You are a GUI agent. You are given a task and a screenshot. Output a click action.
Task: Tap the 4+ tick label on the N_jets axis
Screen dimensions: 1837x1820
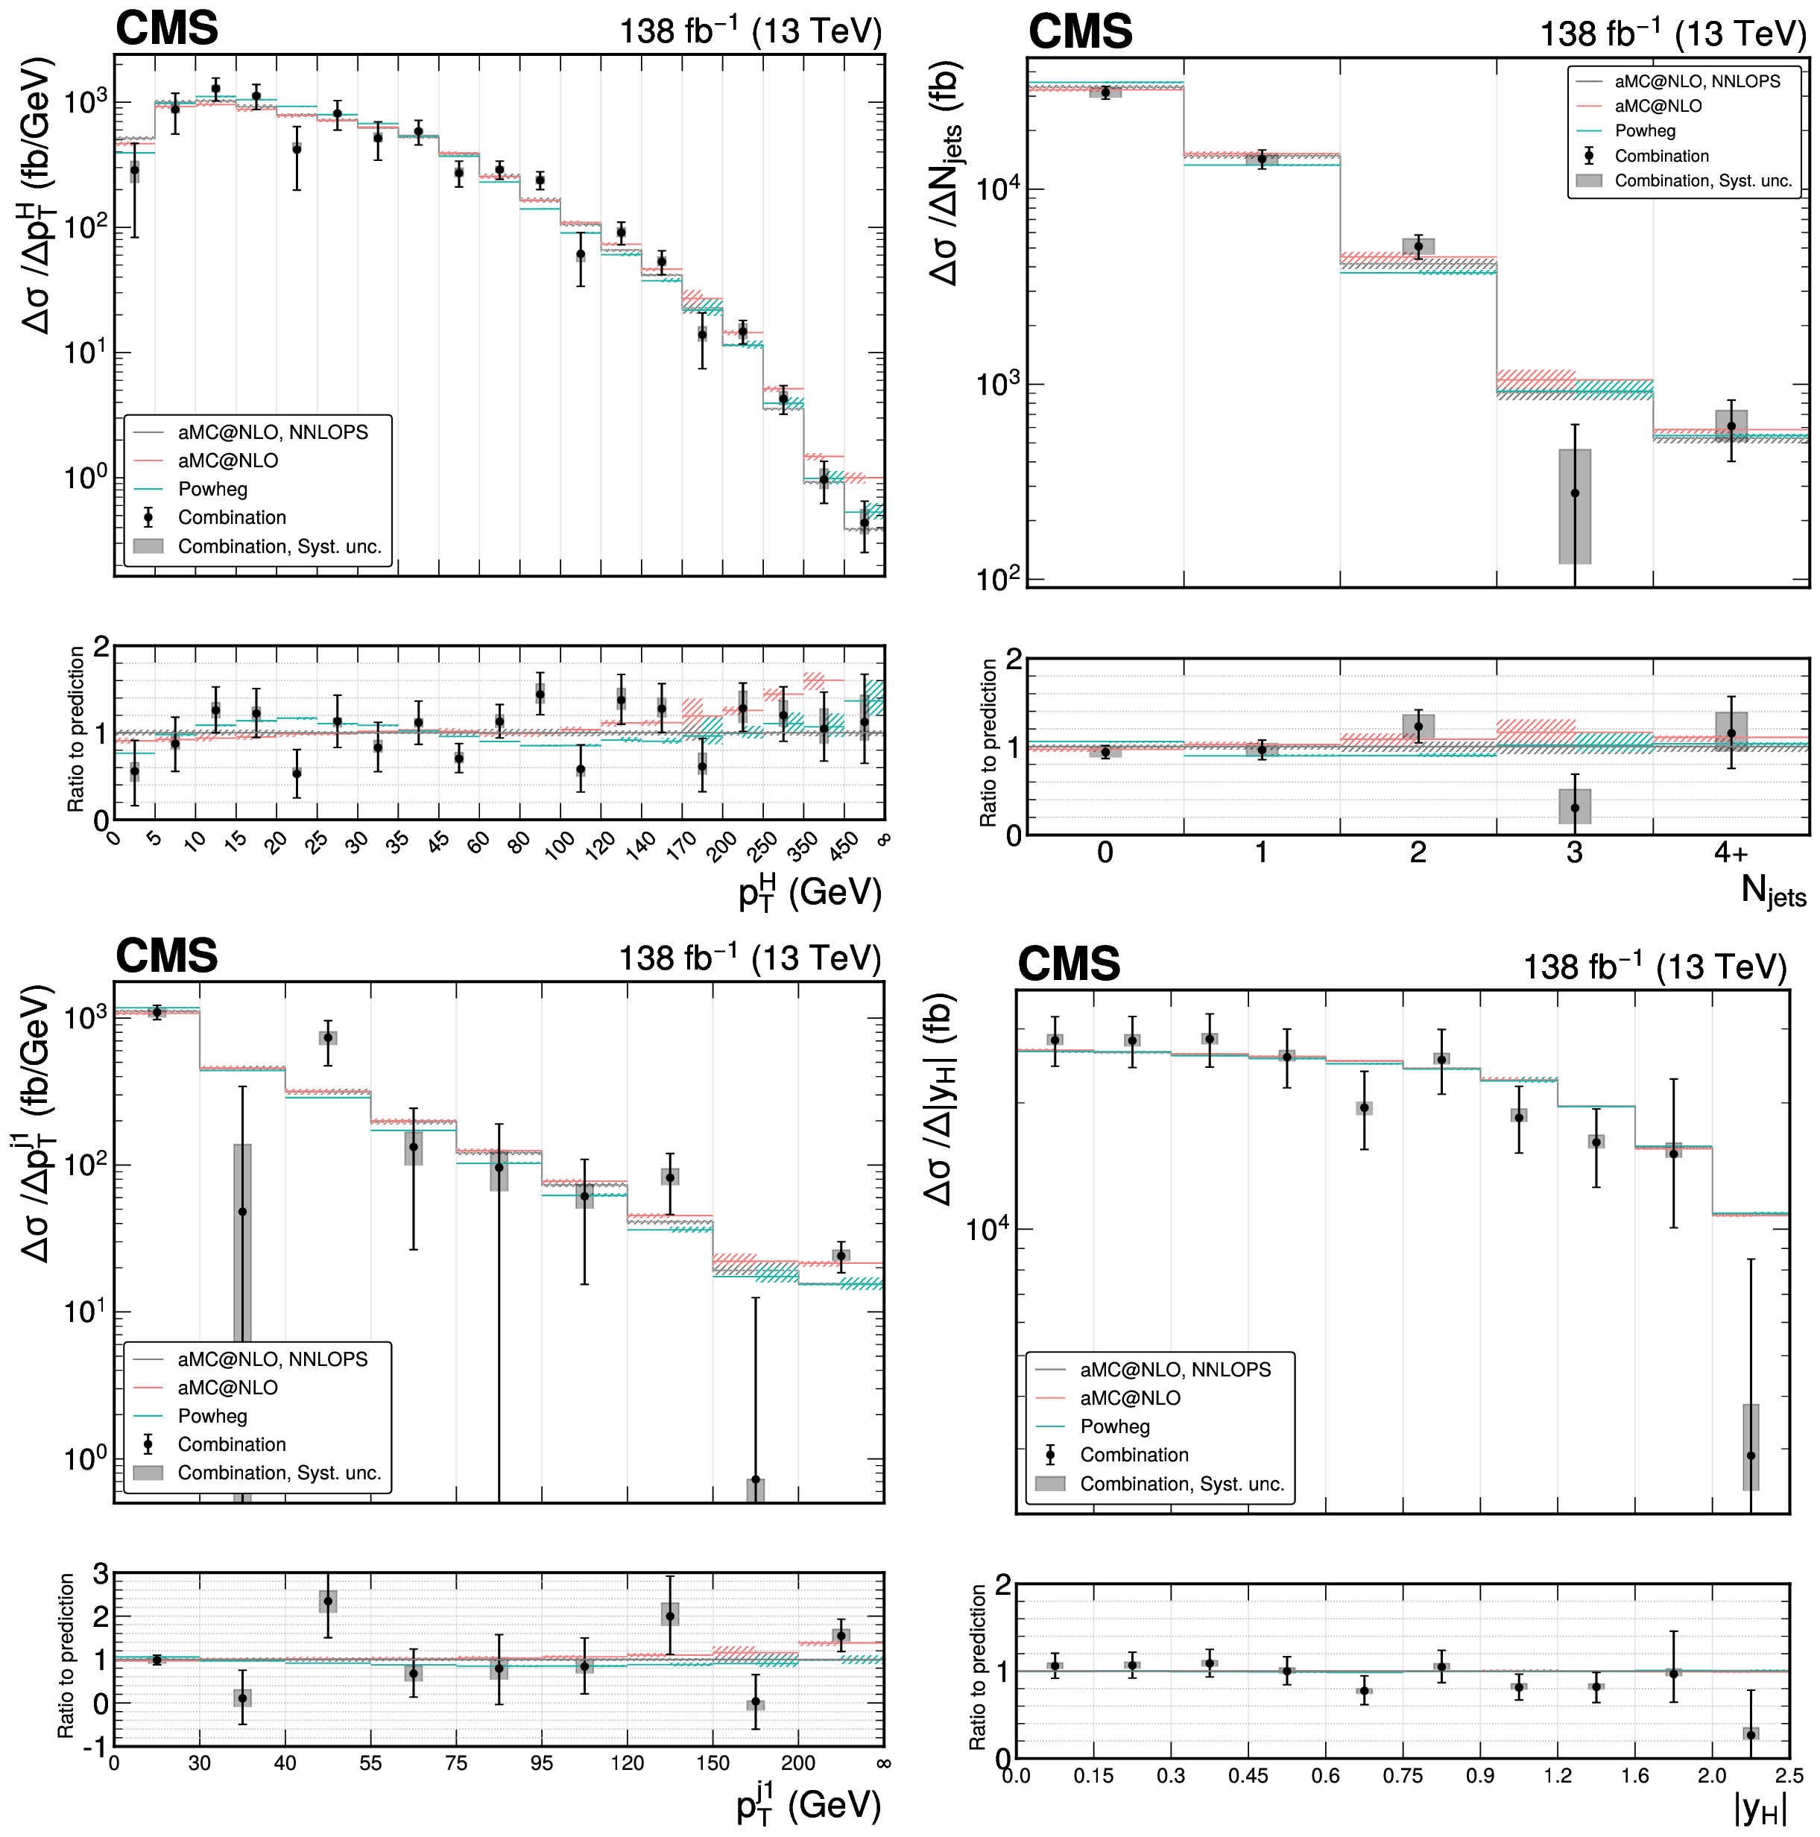point(1731,852)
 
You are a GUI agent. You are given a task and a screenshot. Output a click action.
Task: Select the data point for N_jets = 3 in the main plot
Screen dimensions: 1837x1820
point(1575,493)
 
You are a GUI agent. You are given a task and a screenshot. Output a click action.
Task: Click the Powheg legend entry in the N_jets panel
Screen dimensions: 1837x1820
point(1644,131)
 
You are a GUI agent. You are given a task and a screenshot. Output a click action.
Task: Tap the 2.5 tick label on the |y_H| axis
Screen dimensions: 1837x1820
point(1788,1775)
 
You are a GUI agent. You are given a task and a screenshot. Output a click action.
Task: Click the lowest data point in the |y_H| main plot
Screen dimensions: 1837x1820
point(1751,1455)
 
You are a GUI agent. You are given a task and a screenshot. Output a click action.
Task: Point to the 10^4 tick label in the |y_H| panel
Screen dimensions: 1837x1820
point(986,1228)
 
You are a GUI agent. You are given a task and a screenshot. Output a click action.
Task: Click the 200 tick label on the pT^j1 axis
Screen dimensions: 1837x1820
point(797,1762)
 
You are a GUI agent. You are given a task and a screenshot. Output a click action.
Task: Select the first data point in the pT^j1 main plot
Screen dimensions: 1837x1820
point(157,1012)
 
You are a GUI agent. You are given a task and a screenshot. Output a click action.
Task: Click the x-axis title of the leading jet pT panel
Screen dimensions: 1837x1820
point(808,1805)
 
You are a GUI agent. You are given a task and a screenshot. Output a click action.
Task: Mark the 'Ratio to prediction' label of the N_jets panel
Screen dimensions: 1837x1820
point(989,742)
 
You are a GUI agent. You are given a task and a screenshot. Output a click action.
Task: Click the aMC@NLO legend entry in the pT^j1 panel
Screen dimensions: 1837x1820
point(227,1388)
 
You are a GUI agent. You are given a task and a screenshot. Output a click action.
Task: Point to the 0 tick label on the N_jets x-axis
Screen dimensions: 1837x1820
point(1105,852)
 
